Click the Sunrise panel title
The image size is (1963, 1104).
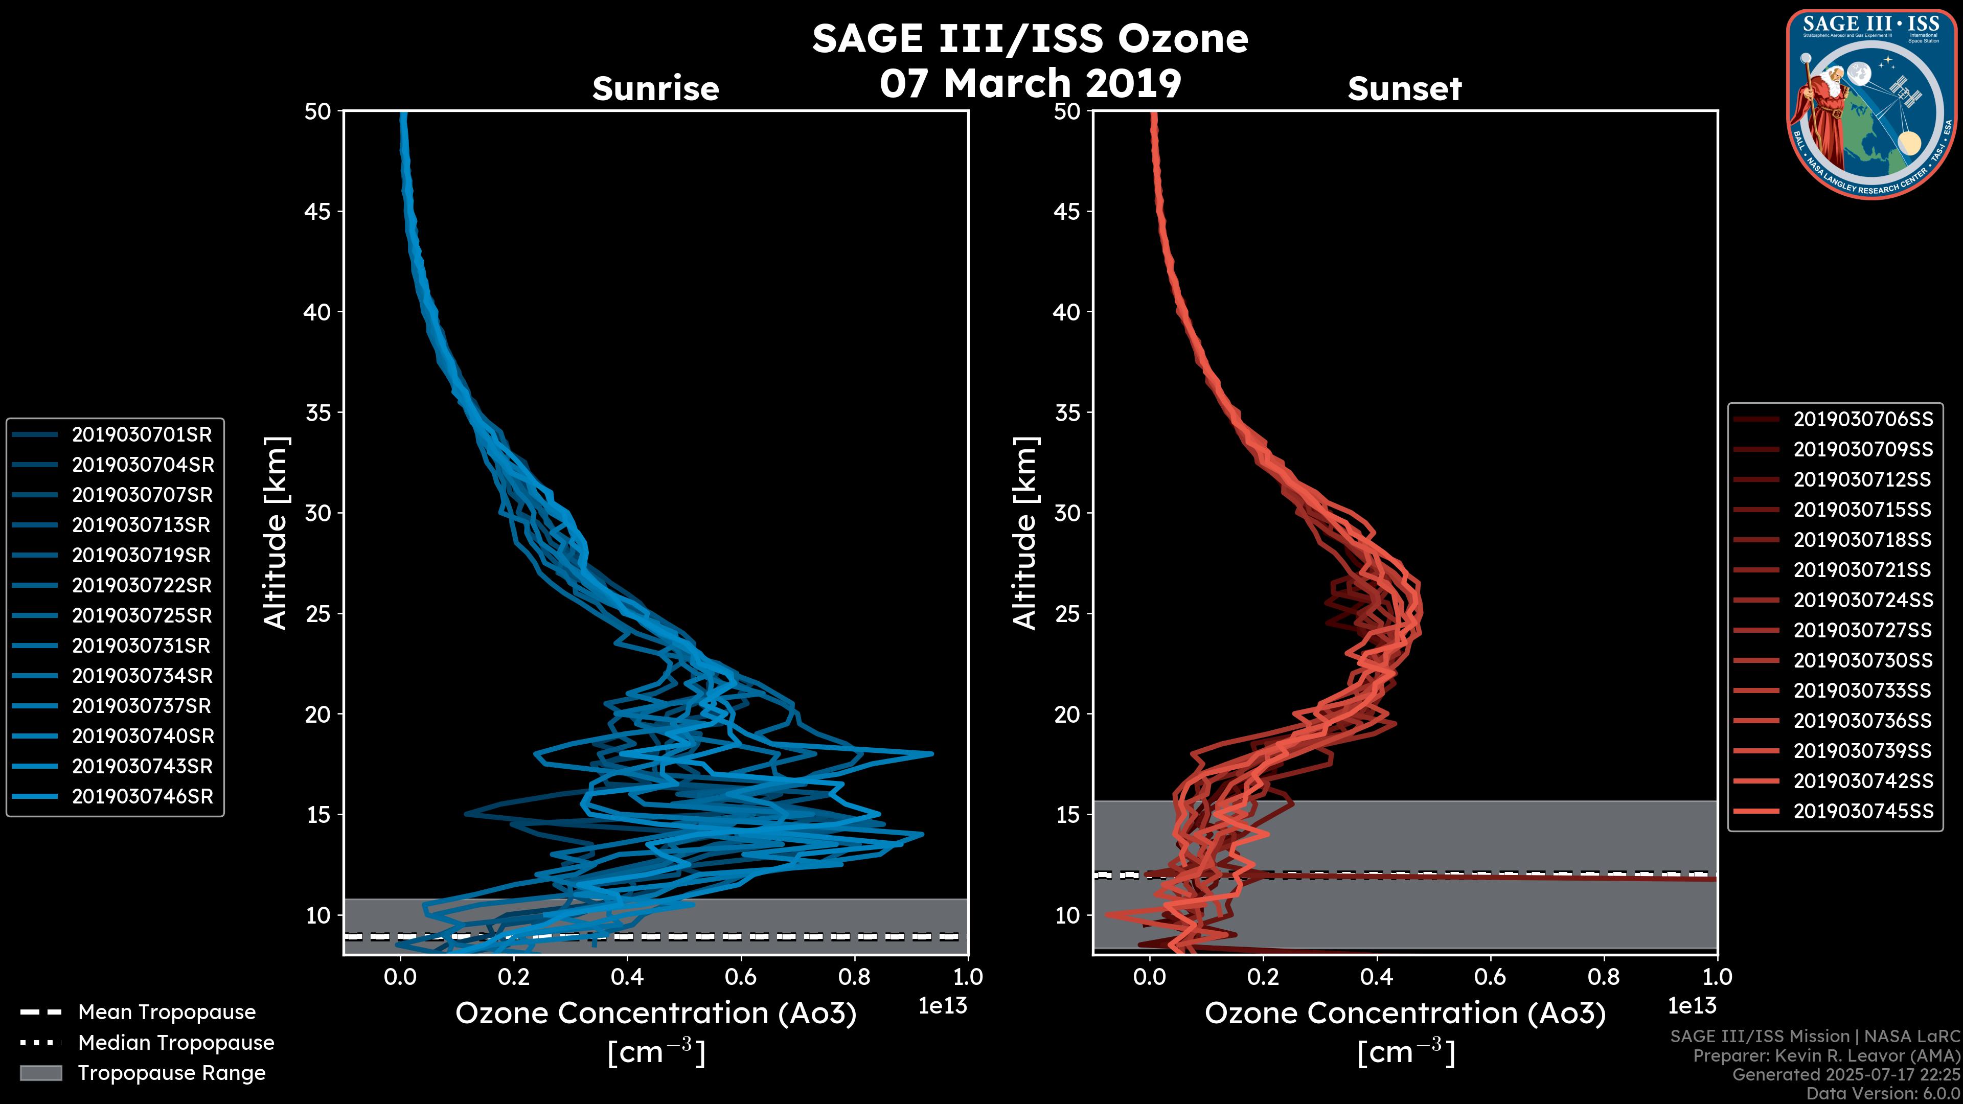point(655,89)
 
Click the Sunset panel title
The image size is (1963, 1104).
point(1404,89)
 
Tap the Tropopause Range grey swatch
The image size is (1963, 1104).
point(40,1073)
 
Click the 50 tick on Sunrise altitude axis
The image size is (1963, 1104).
point(318,111)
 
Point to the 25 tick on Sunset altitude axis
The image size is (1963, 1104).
point(1067,613)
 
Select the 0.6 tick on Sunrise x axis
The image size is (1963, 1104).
point(741,976)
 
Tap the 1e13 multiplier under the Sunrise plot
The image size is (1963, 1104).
point(943,1006)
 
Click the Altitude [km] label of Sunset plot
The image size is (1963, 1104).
point(1025,533)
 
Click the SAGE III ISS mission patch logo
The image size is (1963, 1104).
point(1871,104)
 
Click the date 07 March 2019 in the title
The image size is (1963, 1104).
point(1030,83)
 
